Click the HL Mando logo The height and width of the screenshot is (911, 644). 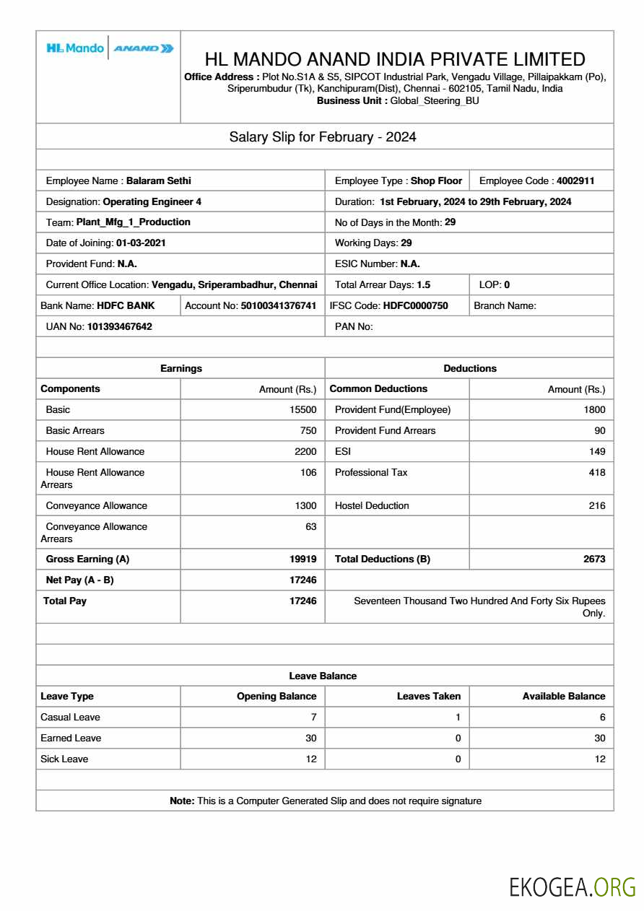75,48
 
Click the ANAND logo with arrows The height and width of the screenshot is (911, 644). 144,48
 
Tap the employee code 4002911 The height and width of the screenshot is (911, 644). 575,181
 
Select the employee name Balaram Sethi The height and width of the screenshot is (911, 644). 158,181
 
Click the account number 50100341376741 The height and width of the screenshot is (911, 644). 278,306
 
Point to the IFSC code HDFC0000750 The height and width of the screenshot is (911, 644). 415,306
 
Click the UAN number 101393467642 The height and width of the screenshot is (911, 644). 119,327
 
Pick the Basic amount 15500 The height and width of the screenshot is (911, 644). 303,410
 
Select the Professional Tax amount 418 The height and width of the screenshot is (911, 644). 596,473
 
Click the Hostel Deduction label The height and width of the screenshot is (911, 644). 372,506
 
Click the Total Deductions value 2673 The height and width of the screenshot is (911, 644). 594,559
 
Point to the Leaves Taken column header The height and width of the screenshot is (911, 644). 429,697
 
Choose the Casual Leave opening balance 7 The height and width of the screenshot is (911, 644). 313,718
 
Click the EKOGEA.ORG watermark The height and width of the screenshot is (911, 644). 573,887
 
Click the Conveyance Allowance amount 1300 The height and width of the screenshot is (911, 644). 305,506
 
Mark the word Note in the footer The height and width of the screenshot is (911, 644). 181,801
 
